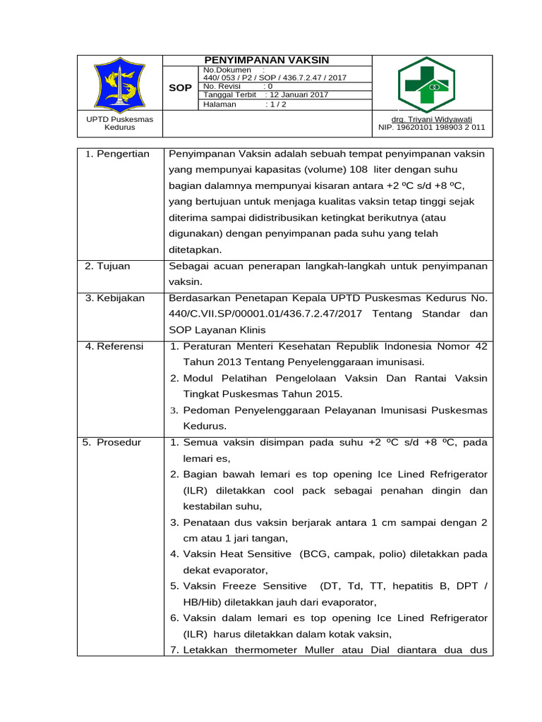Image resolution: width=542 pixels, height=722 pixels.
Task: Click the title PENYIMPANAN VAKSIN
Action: (267, 61)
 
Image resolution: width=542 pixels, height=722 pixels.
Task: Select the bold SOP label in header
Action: (181, 88)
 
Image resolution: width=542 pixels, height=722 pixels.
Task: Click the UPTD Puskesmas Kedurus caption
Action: (119, 123)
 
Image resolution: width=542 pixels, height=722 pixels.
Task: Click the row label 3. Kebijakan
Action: (115, 298)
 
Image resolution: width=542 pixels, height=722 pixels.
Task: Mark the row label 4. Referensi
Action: (114, 346)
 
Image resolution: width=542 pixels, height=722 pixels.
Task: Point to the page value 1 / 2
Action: (277, 104)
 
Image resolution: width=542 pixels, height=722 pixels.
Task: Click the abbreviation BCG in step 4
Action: (315, 554)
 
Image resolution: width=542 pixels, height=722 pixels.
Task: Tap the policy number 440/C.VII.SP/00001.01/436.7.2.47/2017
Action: (272, 314)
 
